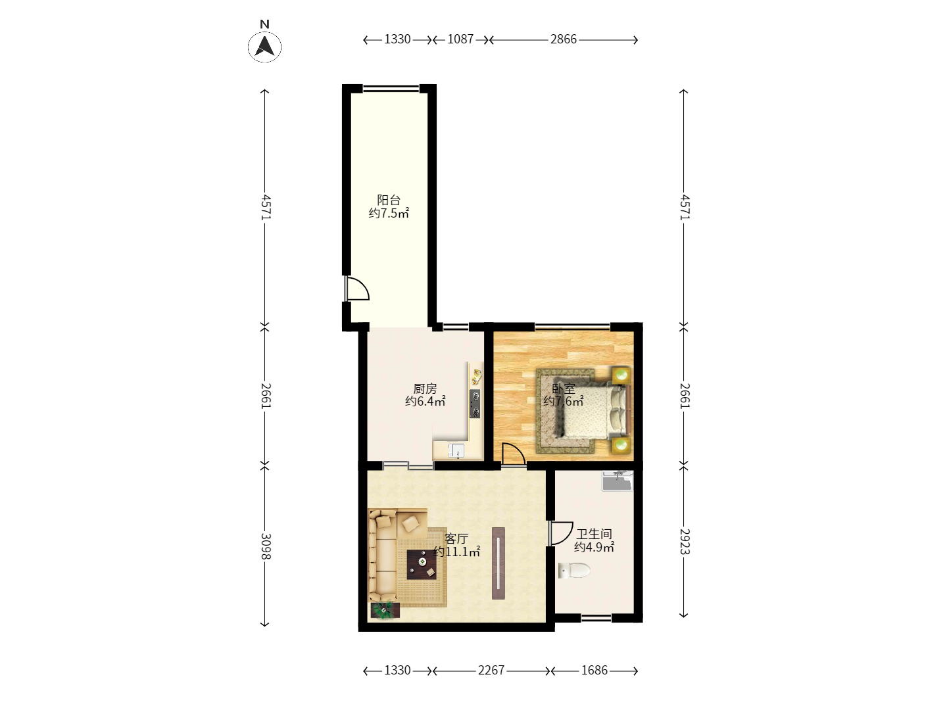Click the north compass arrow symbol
[x=264, y=46]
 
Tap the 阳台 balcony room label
[x=388, y=200]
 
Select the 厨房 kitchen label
[x=425, y=389]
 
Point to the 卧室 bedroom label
[x=564, y=389]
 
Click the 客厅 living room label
[x=456, y=538]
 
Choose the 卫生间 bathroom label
[x=594, y=534]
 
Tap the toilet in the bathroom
[x=574, y=571]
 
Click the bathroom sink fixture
[x=618, y=481]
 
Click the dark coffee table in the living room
[x=422, y=564]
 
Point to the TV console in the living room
[x=498, y=563]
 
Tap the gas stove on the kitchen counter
[x=475, y=404]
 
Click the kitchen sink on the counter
[x=456, y=450]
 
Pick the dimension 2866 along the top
[x=563, y=39]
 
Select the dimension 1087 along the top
[x=460, y=39]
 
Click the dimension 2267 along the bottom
[x=491, y=670]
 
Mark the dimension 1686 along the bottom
[x=594, y=670]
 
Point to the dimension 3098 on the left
[x=265, y=546]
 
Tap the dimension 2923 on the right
[x=684, y=542]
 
